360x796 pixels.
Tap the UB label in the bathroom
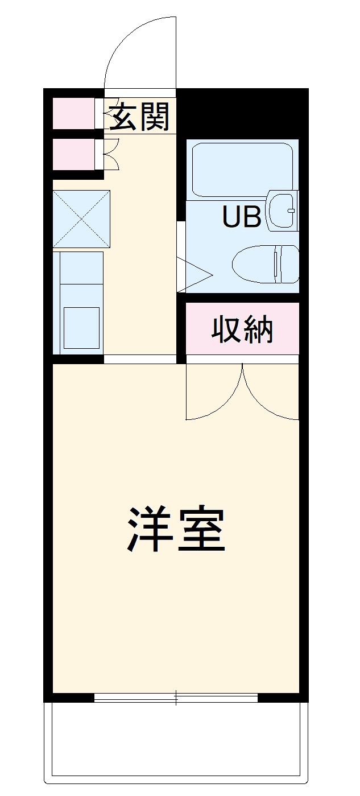tap(242, 217)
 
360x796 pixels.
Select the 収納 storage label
tap(243, 329)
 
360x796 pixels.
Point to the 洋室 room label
tap(176, 529)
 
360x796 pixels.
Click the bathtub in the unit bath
tap(242, 169)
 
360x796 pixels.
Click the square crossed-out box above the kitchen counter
tap(81, 219)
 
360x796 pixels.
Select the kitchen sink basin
tap(81, 327)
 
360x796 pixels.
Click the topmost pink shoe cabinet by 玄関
tap(74, 113)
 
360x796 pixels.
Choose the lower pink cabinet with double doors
tap(74, 154)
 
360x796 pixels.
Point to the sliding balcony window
tap(176, 698)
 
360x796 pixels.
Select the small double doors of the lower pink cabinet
tap(111, 154)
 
